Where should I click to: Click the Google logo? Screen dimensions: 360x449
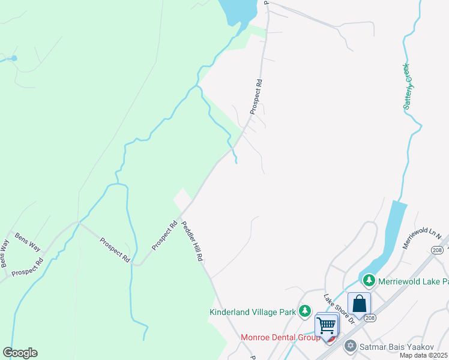click(x=20, y=353)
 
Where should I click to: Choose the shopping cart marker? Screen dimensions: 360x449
click(x=327, y=326)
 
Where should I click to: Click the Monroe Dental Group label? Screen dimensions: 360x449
click(x=280, y=338)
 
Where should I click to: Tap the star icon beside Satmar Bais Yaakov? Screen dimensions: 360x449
click(x=350, y=346)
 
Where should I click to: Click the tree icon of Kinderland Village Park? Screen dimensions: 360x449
click(x=306, y=311)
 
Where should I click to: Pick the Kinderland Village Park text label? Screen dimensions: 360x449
click(x=253, y=312)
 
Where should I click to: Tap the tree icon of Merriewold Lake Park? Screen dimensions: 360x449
click(x=369, y=280)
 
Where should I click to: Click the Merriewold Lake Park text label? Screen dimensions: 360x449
click(x=414, y=281)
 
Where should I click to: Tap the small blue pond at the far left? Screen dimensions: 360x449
click(x=14, y=58)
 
